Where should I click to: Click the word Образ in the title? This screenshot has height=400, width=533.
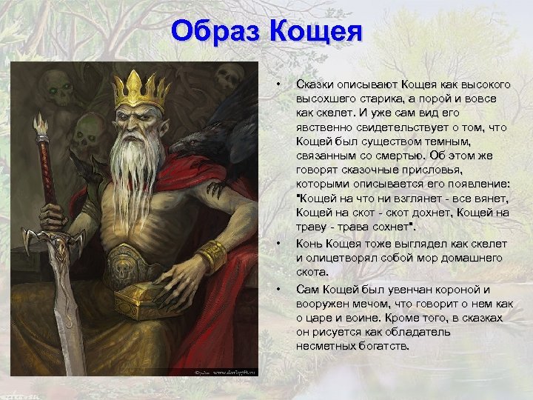click(216, 32)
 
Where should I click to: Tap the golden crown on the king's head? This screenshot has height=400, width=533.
click(139, 90)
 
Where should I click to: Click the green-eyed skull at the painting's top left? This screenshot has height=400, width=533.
click(56, 87)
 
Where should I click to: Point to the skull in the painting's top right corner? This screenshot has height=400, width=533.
click(229, 76)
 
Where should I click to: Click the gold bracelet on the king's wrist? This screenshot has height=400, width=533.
click(212, 256)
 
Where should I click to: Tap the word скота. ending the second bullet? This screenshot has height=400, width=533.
click(312, 273)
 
